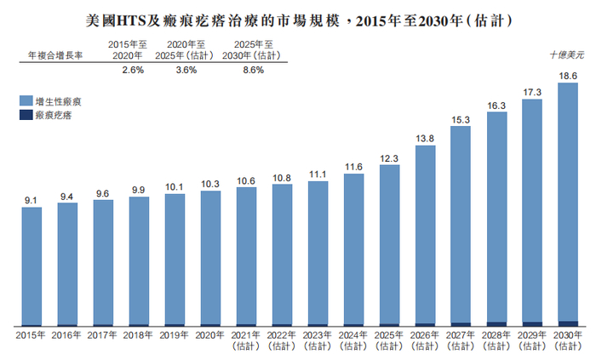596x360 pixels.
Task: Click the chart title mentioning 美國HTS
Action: (298, 17)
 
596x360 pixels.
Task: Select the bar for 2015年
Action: (32, 266)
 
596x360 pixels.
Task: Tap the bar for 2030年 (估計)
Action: (568, 204)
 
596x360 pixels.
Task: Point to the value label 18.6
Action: (568, 76)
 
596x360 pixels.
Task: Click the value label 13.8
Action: (425, 138)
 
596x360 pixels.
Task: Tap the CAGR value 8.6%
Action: (253, 71)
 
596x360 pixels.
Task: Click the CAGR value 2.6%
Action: (133, 71)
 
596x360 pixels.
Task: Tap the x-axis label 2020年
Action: (210, 335)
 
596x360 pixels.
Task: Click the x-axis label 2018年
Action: (139, 335)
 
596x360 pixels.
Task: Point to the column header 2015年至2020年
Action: (133, 49)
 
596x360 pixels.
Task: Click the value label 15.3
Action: (461, 120)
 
